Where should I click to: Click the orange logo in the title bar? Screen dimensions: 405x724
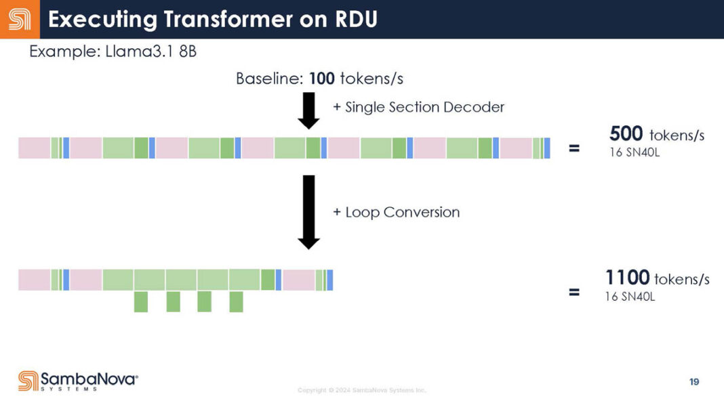pos(19,19)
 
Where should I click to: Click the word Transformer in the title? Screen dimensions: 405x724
pos(217,20)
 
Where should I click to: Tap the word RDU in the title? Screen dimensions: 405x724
pos(355,20)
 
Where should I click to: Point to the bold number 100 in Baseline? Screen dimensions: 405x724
pos(321,79)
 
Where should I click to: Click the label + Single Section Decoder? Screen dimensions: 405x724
pos(418,107)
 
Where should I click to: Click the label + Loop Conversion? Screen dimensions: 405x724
pos(396,212)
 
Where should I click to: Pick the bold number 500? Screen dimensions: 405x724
pos(626,133)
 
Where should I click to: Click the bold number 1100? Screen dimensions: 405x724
pos(627,277)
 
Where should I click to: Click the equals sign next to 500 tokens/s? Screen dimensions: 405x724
pos(574,148)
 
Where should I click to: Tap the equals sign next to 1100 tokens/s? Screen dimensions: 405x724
pos(574,293)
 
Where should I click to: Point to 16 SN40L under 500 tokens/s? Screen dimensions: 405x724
pos(635,152)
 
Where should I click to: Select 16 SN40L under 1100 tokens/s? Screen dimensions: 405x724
pos(630,296)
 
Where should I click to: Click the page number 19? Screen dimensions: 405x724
pos(693,382)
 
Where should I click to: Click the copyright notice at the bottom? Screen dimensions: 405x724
pos(362,391)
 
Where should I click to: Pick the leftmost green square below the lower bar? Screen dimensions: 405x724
pos(141,301)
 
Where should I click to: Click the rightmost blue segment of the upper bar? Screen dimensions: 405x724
pos(547,148)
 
